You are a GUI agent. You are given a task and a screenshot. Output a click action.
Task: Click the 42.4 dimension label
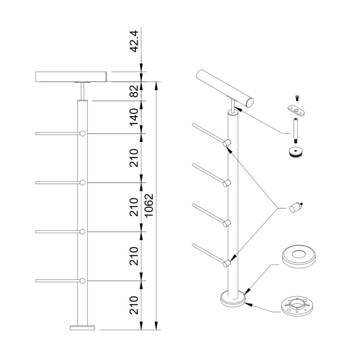(134, 41)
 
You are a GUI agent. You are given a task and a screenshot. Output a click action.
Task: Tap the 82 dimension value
(134, 91)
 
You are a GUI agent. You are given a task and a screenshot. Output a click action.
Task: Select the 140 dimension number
(134, 117)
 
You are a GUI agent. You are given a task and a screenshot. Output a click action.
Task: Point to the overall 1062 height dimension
(149, 206)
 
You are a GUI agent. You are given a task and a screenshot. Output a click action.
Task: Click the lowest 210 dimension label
(134, 305)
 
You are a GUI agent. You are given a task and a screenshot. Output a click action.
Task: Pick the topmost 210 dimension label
(134, 158)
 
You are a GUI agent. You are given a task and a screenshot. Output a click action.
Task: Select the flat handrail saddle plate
(296, 110)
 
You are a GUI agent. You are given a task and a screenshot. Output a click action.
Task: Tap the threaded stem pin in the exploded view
(296, 130)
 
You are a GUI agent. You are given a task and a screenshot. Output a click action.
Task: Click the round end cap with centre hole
(296, 152)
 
